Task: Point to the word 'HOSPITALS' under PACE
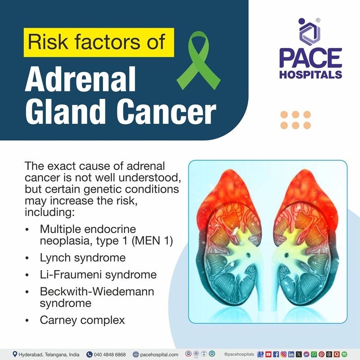[x=310, y=75]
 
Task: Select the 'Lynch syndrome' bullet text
[x=82, y=258]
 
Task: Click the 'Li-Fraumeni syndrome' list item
[x=98, y=274]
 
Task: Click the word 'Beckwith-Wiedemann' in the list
[x=97, y=291]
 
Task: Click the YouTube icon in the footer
[x=269, y=354]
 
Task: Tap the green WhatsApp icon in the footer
[x=314, y=354]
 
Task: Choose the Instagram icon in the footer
[x=283, y=354]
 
